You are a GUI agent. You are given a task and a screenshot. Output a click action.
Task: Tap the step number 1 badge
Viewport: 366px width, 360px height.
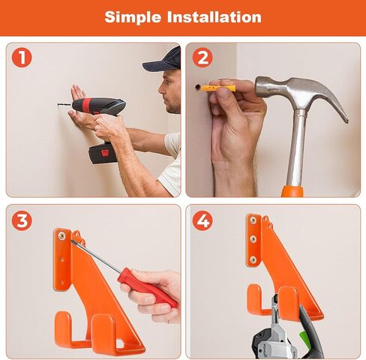22,58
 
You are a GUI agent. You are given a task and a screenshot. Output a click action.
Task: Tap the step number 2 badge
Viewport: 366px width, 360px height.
202,58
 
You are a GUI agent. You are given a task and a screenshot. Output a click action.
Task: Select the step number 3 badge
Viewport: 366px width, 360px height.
22,220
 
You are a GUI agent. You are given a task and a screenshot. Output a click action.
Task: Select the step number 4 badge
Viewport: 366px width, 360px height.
202,220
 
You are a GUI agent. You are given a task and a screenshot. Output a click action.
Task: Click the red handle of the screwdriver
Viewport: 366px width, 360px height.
146,286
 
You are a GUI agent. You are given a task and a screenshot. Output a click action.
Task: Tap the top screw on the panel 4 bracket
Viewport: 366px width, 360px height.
253,220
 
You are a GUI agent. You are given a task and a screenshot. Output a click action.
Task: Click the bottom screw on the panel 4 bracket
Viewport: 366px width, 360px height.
253,259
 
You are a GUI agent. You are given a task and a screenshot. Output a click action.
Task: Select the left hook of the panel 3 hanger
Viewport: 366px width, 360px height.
64,330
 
